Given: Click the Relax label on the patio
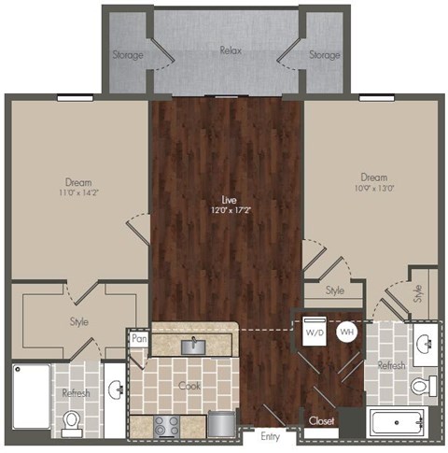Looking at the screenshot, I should (x=228, y=53).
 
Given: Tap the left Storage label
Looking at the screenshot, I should (x=128, y=54).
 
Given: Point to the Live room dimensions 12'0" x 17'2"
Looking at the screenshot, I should (x=227, y=209).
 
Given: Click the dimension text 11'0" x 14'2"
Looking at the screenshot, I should (x=78, y=193).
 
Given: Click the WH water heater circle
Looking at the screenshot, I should (x=346, y=332).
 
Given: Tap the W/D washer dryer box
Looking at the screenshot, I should (x=312, y=332).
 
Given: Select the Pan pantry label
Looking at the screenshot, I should (x=139, y=340).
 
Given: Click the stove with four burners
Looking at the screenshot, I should (x=167, y=425).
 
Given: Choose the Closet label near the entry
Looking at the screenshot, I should (x=321, y=421).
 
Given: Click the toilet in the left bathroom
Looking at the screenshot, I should (x=70, y=424).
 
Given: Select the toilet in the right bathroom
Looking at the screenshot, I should (x=421, y=384).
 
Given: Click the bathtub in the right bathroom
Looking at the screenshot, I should (x=398, y=422).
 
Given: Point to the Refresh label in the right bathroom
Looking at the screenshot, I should (x=391, y=365).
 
